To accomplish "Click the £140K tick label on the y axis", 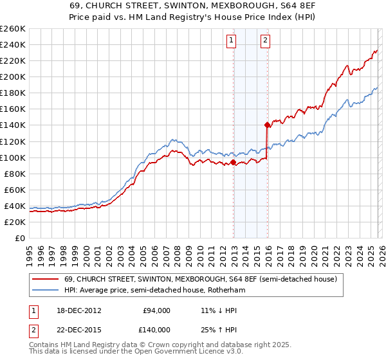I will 12,125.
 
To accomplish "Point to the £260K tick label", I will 12,29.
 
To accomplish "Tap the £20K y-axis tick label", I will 14,222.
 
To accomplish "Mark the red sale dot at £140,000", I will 267,125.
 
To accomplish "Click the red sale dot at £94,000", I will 233,162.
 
